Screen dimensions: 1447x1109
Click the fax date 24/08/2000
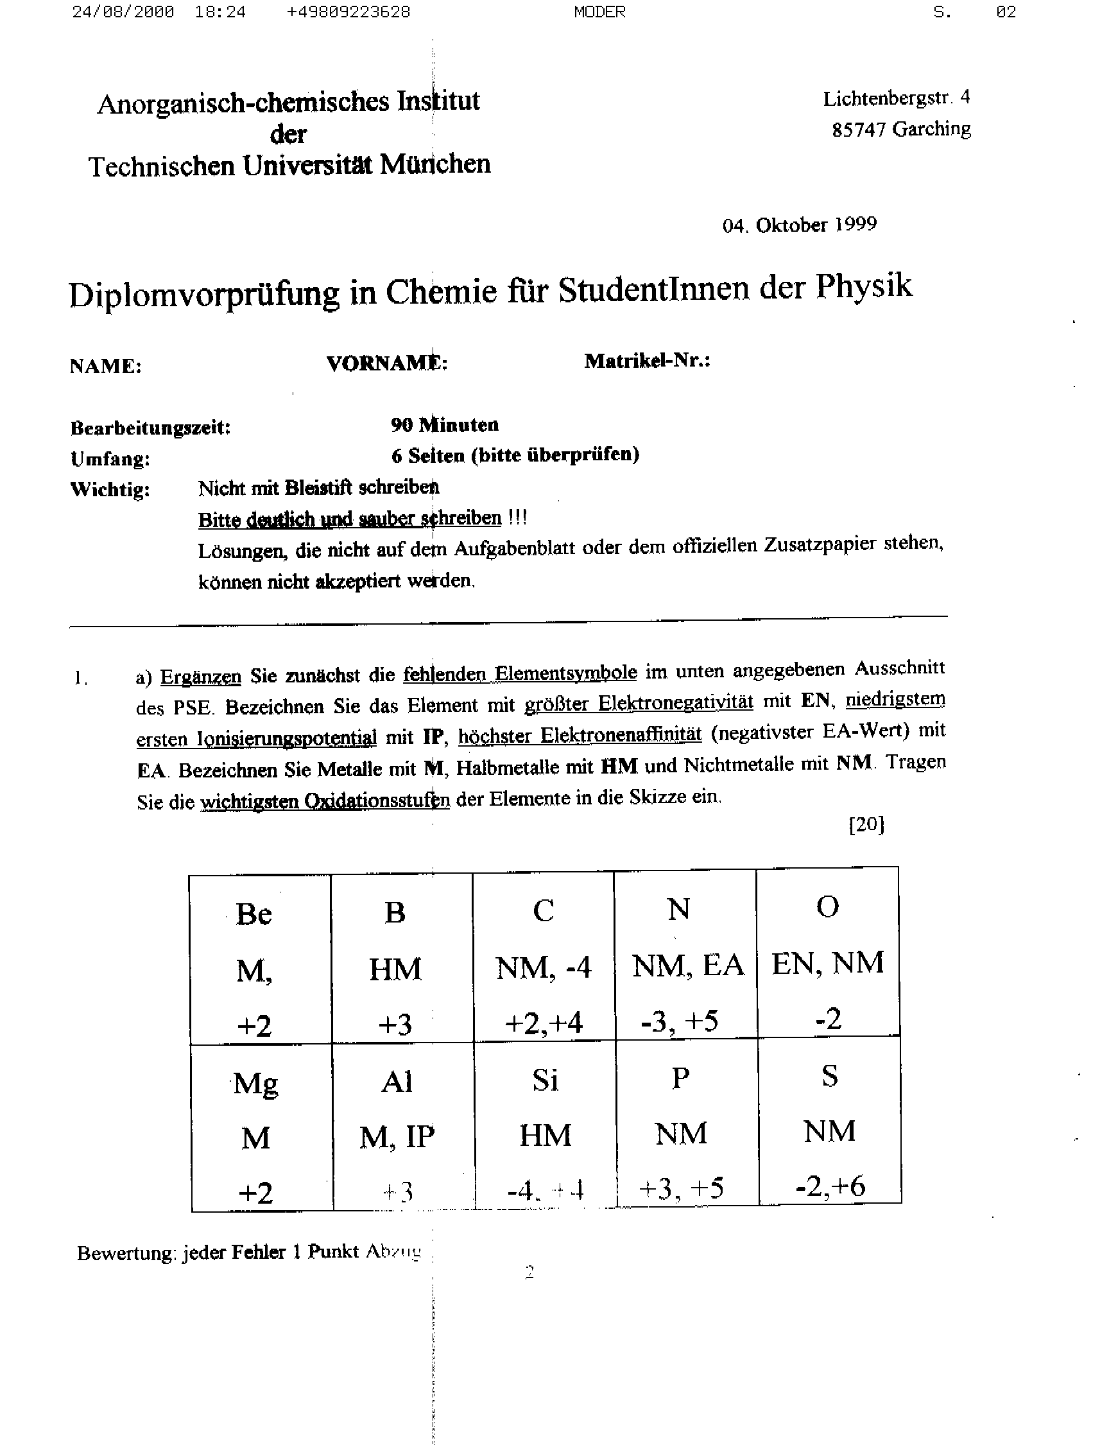click(x=123, y=12)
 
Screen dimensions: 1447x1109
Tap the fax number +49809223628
click(x=348, y=12)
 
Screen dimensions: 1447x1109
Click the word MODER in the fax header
click(x=599, y=12)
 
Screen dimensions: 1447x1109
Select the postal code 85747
click(x=858, y=130)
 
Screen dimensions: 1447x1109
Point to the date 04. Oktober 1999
click(x=800, y=225)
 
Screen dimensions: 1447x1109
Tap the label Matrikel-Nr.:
click(x=647, y=360)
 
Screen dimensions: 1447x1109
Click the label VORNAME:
click(x=387, y=363)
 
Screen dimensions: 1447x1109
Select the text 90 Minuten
click(x=444, y=424)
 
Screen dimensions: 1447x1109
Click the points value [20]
click(x=866, y=824)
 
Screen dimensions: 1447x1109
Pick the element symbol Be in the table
click(x=254, y=914)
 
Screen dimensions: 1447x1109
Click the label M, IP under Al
click(x=397, y=1136)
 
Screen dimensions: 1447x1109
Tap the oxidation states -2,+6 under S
click(x=830, y=1186)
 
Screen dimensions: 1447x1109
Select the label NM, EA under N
click(x=688, y=965)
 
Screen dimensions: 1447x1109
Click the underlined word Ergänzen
click(x=201, y=677)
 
